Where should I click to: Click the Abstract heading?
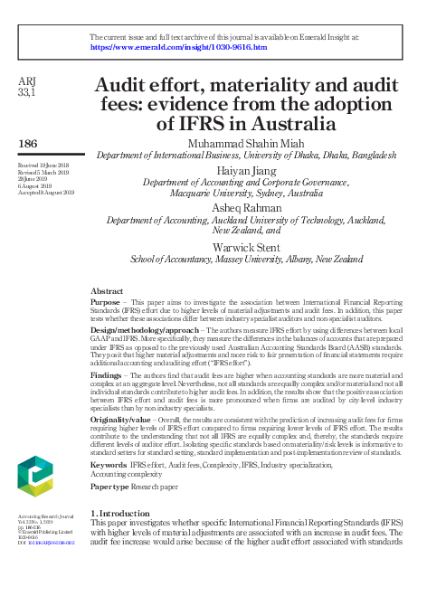pos(107,291)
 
